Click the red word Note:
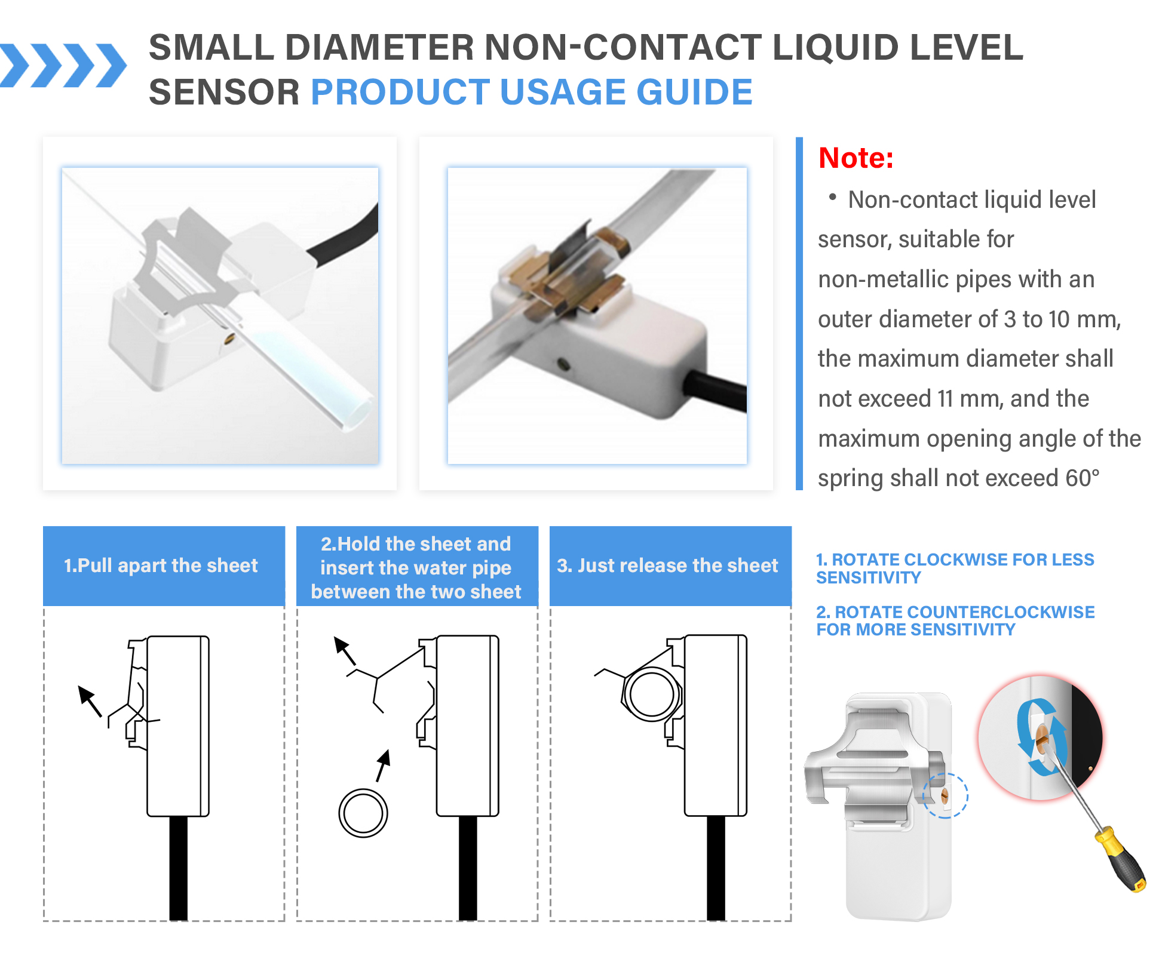(856, 158)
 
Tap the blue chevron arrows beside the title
(63, 65)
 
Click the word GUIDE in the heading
(694, 92)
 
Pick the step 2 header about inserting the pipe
(417, 567)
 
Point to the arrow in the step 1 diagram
(90, 700)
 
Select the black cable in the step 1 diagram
(178, 868)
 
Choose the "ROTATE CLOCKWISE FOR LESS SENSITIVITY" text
(955, 568)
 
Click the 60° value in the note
(1082, 478)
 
